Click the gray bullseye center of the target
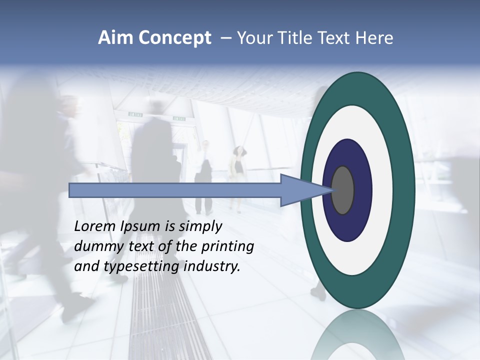point(342,190)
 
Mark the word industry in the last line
point(212,266)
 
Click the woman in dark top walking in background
point(238,170)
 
